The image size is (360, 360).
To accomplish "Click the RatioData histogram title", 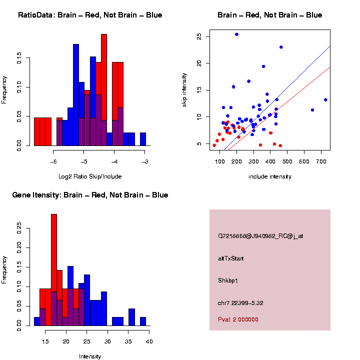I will (x=90, y=15).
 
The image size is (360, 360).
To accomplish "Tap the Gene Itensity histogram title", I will (x=90, y=195).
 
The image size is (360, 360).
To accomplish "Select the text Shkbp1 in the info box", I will (x=228, y=280).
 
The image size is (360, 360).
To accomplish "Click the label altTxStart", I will (x=231, y=258).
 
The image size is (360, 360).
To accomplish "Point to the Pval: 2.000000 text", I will (x=238, y=319).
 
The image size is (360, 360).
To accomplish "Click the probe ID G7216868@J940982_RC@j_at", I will (x=260, y=235).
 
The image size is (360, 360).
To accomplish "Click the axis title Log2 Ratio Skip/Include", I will (x=90, y=176).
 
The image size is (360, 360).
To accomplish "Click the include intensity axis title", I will (x=270, y=176).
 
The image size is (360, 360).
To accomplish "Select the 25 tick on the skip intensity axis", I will (x=198, y=37).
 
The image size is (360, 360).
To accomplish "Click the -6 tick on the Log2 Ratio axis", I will (x=53, y=161).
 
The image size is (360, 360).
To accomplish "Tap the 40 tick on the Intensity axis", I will (x=149, y=341).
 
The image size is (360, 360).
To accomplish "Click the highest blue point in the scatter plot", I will (x=236, y=34).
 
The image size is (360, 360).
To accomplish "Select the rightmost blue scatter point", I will (x=325, y=99).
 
